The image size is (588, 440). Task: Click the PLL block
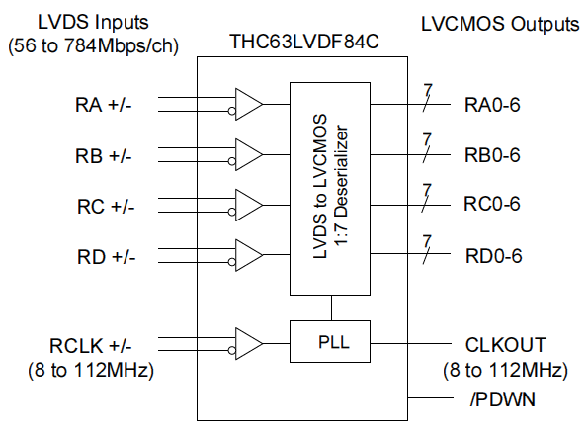pyautogui.click(x=330, y=341)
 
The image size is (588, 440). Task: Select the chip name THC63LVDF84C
pyautogui.click(x=304, y=42)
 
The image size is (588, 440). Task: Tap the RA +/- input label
pyautogui.click(x=104, y=105)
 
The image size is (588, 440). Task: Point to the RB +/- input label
pyautogui.click(x=104, y=155)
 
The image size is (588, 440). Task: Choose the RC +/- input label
pyautogui.click(x=106, y=207)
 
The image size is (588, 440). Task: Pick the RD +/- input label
pyautogui.click(x=106, y=257)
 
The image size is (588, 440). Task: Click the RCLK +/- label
pyautogui.click(x=90, y=346)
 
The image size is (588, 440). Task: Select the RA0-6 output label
pyautogui.click(x=492, y=105)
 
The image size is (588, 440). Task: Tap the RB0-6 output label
pyautogui.click(x=492, y=155)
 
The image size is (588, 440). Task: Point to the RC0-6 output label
pyautogui.click(x=492, y=204)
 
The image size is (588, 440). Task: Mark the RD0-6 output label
pyautogui.click(x=493, y=256)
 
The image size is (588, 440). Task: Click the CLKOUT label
pyautogui.click(x=506, y=345)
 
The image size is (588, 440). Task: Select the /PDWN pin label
pyautogui.click(x=502, y=399)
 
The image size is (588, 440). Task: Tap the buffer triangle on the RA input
pyautogui.click(x=246, y=104)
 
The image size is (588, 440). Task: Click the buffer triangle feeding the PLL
pyautogui.click(x=246, y=344)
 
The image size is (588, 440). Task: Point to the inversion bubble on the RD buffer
pyautogui.click(x=232, y=262)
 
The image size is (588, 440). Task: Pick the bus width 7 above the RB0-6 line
pyautogui.click(x=427, y=140)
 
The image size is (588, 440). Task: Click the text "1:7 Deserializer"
pyautogui.click(x=341, y=186)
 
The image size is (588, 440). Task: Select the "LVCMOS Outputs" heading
pyautogui.click(x=500, y=24)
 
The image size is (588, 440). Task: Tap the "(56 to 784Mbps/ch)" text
pyautogui.click(x=93, y=46)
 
